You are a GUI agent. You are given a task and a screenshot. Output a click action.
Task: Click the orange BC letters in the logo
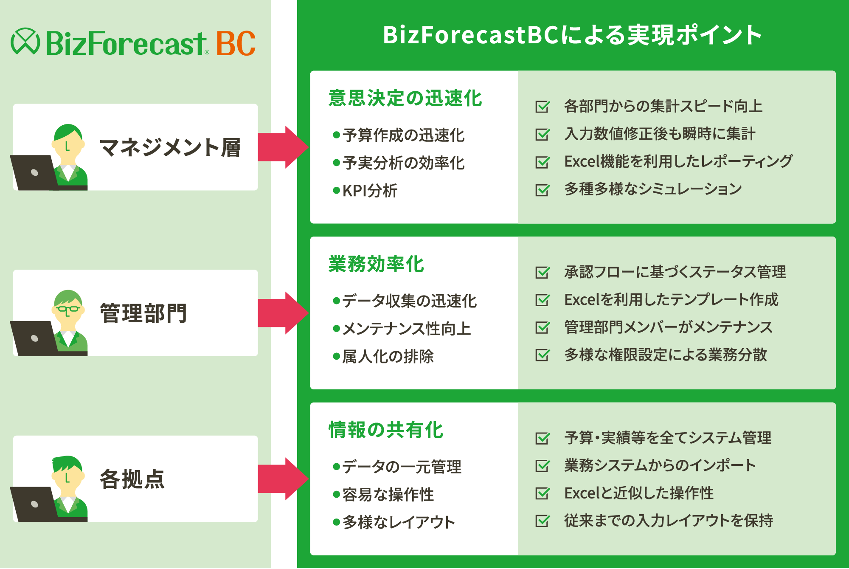pyautogui.click(x=236, y=43)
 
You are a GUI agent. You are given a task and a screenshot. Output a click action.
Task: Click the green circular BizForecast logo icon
pyautogui.click(x=25, y=42)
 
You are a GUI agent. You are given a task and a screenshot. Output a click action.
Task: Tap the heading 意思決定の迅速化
pyautogui.click(x=405, y=98)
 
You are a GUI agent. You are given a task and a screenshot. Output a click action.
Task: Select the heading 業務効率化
pyautogui.click(x=376, y=264)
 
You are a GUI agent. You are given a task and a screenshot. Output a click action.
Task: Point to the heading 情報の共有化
pyautogui.click(x=386, y=430)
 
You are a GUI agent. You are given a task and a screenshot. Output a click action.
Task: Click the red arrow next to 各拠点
pyautogui.click(x=283, y=479)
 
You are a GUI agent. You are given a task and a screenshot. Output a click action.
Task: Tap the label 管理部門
pyautogui.click(x=143, y=313)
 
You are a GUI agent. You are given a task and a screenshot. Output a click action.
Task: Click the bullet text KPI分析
pyautogui.click(x=370, y=191)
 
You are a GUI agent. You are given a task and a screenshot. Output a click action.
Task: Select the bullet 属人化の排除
pyautogui.click(x=388, y=356)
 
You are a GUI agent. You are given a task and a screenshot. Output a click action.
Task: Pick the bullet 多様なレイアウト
pyautogui.click(x=398, y=522)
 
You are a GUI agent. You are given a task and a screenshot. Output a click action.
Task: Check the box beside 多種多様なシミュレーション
pyautogui.click(x=542, y=189)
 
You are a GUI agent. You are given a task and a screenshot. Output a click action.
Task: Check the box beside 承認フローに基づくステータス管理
pyautogui.click(x=542, y=272)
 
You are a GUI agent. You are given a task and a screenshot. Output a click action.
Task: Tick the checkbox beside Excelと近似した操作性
pyautogui.click(x=542, y=493)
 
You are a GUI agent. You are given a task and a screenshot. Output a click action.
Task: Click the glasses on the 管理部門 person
pyautogui.click(x=68, y=309)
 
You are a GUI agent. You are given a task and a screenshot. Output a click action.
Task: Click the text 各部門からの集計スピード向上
pyautogui.click(x=663, y=106)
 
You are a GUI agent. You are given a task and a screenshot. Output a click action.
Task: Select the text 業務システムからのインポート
pyautogui.click(x=660, y=465)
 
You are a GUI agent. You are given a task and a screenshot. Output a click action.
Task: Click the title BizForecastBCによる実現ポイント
pyautogui.click(x=572, y=35)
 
